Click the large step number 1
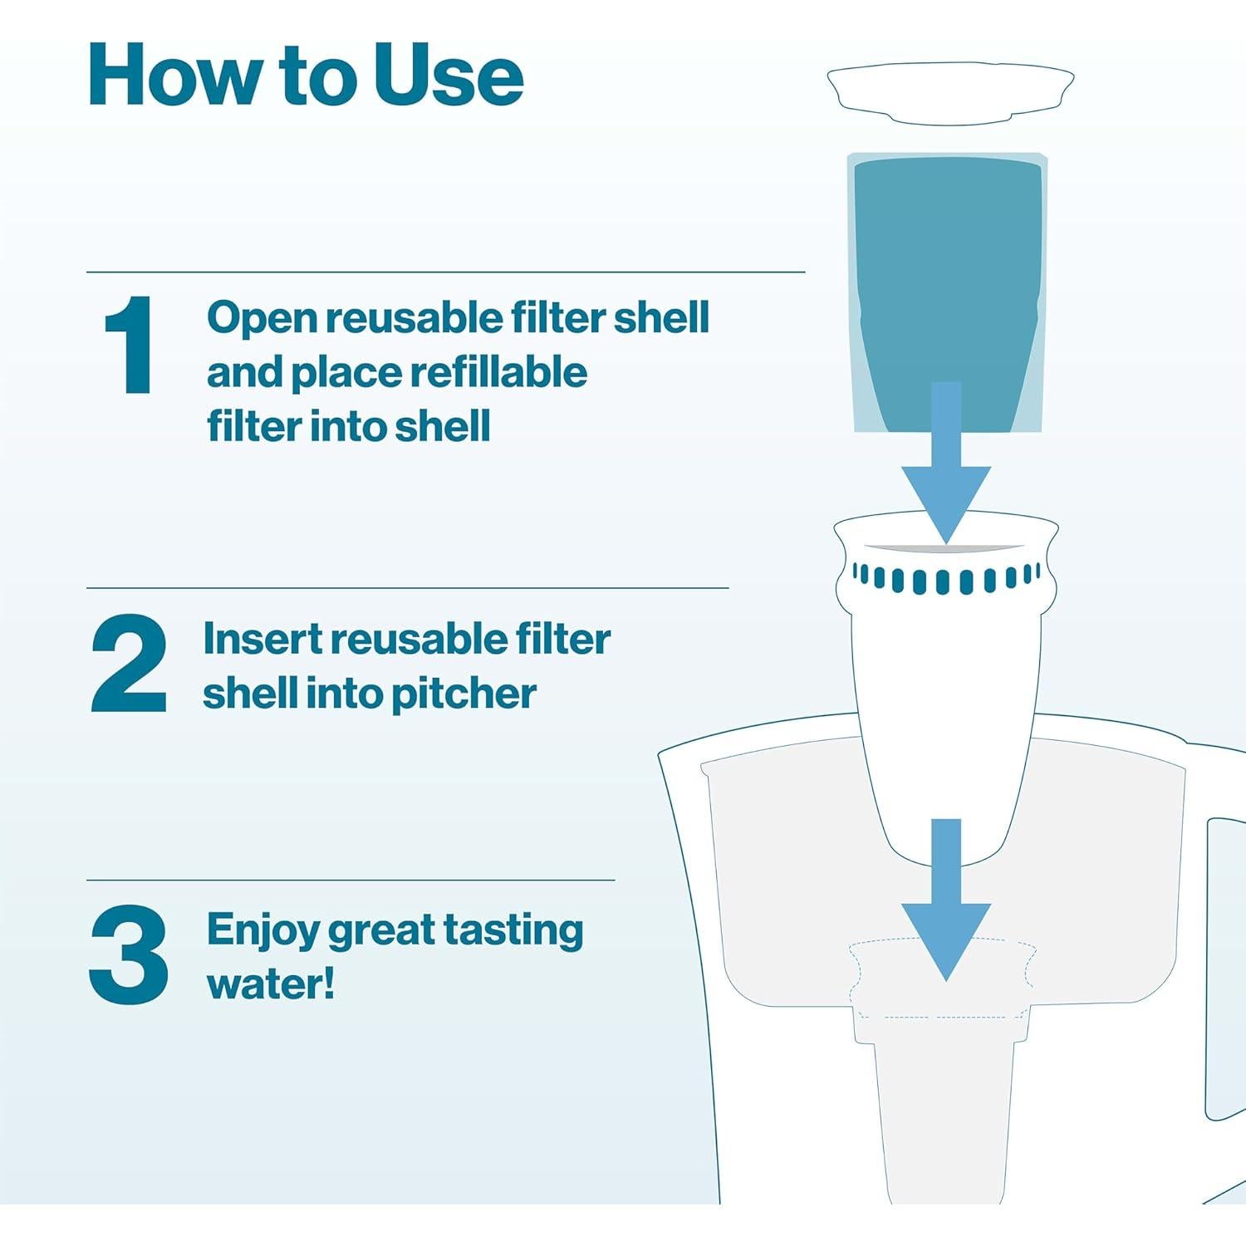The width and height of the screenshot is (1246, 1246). point(129,345)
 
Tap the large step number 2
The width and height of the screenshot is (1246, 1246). point(129,664)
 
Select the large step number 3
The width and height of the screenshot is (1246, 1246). point(129,955)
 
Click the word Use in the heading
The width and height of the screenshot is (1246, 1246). point(449,76)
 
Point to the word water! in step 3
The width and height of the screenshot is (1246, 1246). point(271,984)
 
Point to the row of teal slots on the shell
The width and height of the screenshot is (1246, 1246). point(946,578)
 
